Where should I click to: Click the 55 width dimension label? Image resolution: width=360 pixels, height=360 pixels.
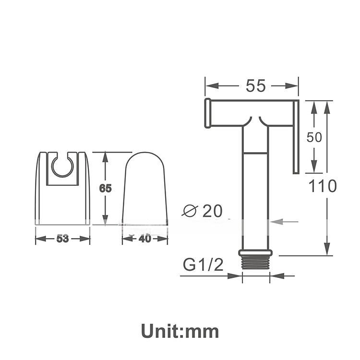[255, 86]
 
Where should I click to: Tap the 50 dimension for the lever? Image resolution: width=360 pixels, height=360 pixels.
[314, 137]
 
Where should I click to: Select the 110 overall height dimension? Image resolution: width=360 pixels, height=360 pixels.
[323, 186]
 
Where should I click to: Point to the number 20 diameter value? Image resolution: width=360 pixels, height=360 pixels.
[213, 211]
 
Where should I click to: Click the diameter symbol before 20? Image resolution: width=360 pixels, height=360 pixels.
[191, 211]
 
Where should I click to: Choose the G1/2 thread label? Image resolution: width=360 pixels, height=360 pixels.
[203, 265]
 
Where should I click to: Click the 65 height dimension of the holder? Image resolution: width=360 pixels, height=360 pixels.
[105, 188]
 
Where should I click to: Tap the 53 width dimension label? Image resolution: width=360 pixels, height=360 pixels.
[62, 239]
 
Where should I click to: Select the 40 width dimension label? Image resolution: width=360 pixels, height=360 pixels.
[144, 239]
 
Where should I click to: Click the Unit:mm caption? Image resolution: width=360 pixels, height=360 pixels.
[180, 331]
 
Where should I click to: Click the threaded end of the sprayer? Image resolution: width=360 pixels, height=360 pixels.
[255, 264]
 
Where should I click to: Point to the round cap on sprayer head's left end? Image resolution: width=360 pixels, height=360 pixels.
[208, 113]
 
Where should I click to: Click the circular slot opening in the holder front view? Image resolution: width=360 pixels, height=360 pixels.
[63, 166]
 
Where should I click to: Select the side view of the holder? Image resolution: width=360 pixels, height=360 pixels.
[144, 190]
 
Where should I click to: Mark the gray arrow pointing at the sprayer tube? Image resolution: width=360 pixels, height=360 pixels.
[284, 221]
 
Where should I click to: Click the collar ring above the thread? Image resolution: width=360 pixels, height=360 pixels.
[255, 252]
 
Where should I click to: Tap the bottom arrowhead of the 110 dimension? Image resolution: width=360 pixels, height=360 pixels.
[327, 249]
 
